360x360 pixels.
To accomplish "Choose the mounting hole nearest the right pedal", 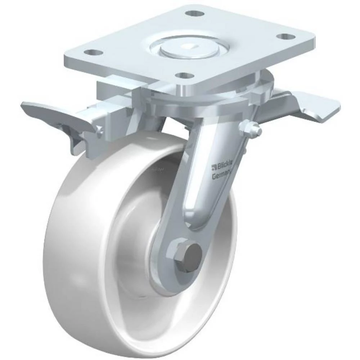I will [x=287, y=37].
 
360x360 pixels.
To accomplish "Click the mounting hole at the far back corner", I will [x=194, y=14].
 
